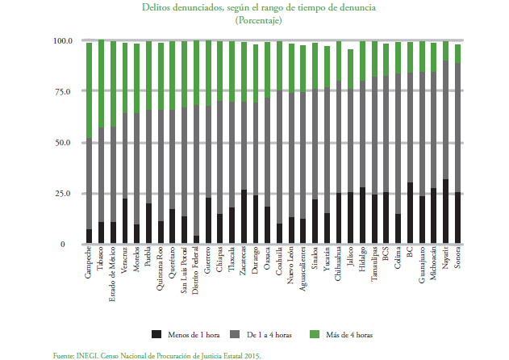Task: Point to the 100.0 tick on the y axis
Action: click(x=63, y=40)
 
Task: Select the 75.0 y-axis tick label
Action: click(x=65, y=91)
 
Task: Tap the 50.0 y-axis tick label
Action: click(x=65, y=142)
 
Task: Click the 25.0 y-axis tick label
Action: click(x=65, y=194)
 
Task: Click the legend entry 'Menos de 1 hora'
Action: click(x=194, y=333)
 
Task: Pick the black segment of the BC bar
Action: click(x=410, y=213)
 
